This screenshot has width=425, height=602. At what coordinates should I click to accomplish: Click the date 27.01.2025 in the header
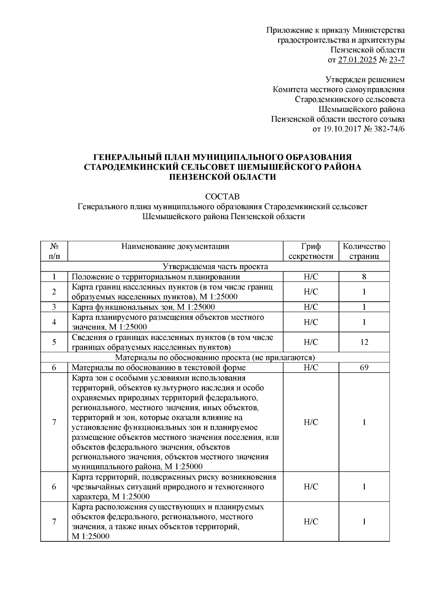click(357, 60)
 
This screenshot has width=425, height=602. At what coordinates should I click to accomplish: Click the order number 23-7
click(397, 60)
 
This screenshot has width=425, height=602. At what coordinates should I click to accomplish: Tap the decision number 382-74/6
click(388, 129)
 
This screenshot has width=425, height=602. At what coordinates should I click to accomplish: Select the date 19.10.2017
click(340, 129)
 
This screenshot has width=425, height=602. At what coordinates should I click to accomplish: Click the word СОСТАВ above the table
click(222, 196)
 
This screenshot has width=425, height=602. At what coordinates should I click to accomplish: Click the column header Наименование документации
click(175, 246)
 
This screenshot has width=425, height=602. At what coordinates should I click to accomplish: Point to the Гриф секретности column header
click(311, 251)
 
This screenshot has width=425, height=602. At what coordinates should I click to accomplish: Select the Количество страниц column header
click(364, 251)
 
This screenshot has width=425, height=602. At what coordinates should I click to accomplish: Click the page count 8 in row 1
click(364, 277)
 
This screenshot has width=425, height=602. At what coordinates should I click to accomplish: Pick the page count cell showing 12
click(364, 342)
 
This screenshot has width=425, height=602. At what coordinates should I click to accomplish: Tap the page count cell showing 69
click(364, 368)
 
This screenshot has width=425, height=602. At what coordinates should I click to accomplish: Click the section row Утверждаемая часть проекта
click(215, 267)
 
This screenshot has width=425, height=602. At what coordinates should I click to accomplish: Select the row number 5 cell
click(54, 342)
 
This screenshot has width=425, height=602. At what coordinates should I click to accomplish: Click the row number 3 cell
click(54, 307)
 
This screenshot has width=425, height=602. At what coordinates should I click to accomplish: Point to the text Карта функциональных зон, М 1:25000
click(143, 307)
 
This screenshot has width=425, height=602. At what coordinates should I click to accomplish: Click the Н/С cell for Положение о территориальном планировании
click(311, 277)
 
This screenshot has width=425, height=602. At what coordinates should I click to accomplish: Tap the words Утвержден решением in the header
click(365, 80)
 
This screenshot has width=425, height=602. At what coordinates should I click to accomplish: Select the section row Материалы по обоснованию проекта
click(215, 357)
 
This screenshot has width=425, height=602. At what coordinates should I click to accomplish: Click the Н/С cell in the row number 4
click(311, 322)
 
